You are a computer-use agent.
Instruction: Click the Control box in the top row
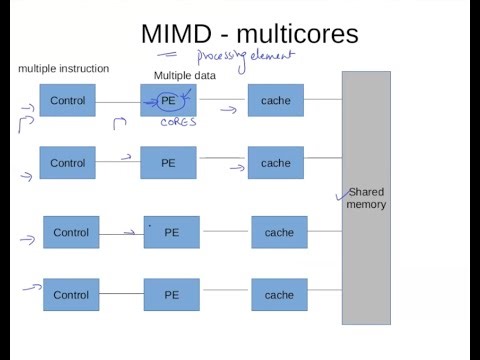pyautogui.click(x=68, y=100)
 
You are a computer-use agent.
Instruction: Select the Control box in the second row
pyautogui.click(x=68, y=162)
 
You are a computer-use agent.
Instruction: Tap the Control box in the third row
pyautogui.click(x=71, y=232)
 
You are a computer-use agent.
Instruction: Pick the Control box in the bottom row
pyautogui.click(x=71, y=294)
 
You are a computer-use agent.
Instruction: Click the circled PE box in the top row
pyautogui.click(x=169, y=100)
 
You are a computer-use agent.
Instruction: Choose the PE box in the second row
pyautogui.click(x=168, y=162)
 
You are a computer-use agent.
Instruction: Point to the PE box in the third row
pyautogui.click(x=171, y=232)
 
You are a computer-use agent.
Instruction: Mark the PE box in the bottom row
pyautogui.click(x=171, y=294)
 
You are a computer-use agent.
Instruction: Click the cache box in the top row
pyautogui.click(x=275, y=100)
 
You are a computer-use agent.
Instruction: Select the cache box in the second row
pyautogui.click(x=275, y=162)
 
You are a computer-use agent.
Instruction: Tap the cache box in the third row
pyautogui.click(x=279, y=232)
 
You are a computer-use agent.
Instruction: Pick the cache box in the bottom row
pyautogui.click(x=279, y=294)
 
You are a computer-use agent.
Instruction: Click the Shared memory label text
pyautogui.click(x=366, y=198)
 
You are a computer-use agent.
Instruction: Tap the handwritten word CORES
pyautogui.click(x=178, y=122)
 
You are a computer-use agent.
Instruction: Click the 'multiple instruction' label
pyautogui.click(x=64, y=69)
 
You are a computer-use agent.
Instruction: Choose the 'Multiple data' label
pyautogui.click(x=186, y=76)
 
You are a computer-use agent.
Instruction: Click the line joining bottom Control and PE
pyautogui.click(x=121, y=294)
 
